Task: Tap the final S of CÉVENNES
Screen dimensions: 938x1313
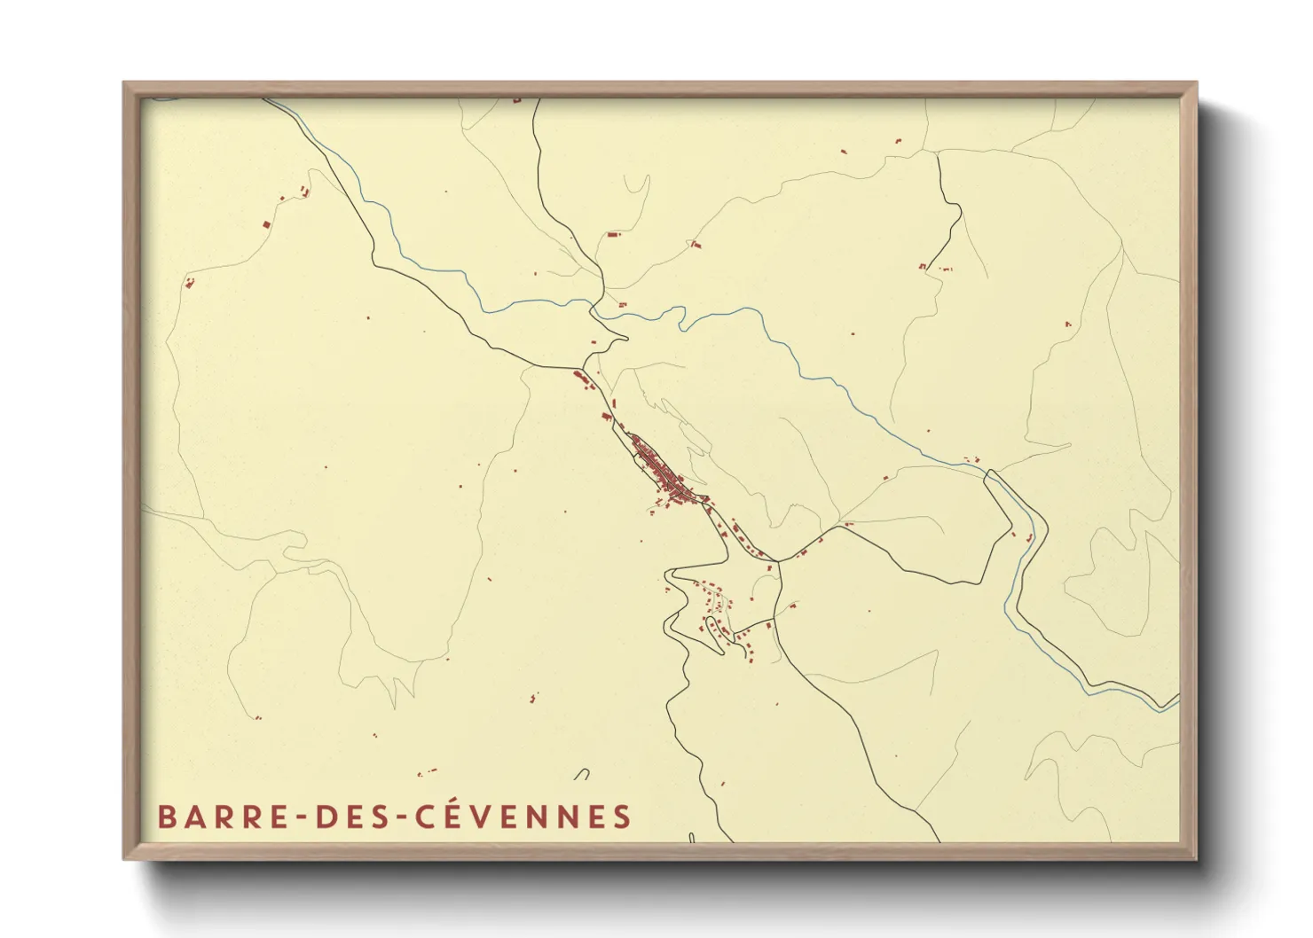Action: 622,817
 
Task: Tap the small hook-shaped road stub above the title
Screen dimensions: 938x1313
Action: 582,773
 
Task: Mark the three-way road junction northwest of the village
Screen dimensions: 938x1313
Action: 583,366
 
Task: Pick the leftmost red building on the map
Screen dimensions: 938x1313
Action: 188,283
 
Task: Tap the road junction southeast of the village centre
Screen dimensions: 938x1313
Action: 778,560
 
